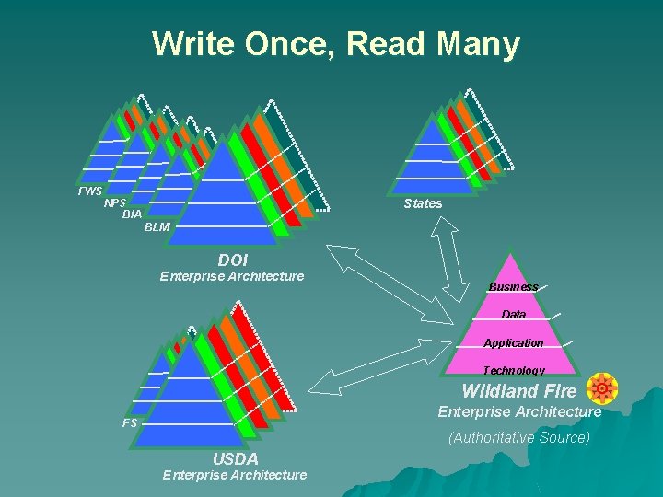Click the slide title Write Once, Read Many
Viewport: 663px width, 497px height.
pyautogui.click(x=336, y=43)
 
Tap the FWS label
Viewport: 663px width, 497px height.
pyautogui.click(x=90, y=191)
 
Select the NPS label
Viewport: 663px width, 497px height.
pyautogui.click(x=115, y=203)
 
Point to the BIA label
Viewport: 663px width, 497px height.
pyautogui.click(x=132, y=214)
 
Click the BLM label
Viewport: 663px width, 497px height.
pyautogui.click(x=157, y=227)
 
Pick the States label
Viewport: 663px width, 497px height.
pyautogui.click(x=423, y=203)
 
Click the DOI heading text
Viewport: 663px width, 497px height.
pyautogui.click(x=233, y=261)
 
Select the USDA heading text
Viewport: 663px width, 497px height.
pyautogui.click(x=235, y=458)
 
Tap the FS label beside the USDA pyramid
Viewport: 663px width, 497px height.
pyautogui.click(x=130, y=423)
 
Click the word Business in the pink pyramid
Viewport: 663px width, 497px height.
pyautogui.click(x=513, y=287)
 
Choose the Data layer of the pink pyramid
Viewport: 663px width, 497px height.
pyautogui.click(x=514, y=315)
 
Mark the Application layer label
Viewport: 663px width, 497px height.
pyautogui.click(x=514, y=343)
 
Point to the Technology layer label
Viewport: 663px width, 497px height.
pyautogui.click(x=514, y=370)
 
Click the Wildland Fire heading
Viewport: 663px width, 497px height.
pyautogui.click(x=519, y=391)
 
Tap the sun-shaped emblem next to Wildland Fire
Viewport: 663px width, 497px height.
pyautogui.click(x=602, y=389)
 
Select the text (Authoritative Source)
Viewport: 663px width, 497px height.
pyautogui.click(x=519, y=438)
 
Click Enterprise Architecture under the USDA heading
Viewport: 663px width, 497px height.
pyautogui.click(x=235, y=475)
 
